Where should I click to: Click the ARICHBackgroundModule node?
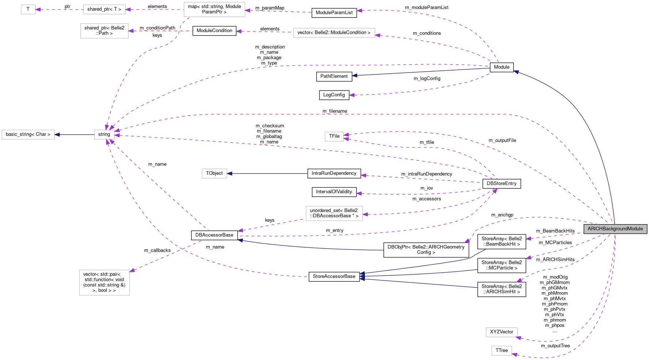tap(615, 229)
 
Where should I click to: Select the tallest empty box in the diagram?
tap(104, 283)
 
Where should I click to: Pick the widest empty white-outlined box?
tap(334, 33)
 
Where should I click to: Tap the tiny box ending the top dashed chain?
tap(28, 9)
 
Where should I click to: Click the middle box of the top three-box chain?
tap(104, 9)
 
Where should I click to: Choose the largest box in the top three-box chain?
tap(214, 9)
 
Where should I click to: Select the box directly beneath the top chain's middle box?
tap(104, 31)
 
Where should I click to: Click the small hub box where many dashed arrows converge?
tap(104, 135)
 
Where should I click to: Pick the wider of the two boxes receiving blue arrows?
tap(28, 135)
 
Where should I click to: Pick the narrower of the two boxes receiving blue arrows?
tap(214, 173)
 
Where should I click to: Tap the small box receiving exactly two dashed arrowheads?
tap(334, 137)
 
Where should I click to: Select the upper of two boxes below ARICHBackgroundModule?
tap(501, 332)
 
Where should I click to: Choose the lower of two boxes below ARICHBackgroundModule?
tap(501, 351)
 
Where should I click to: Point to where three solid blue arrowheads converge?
tap(362, 276)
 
